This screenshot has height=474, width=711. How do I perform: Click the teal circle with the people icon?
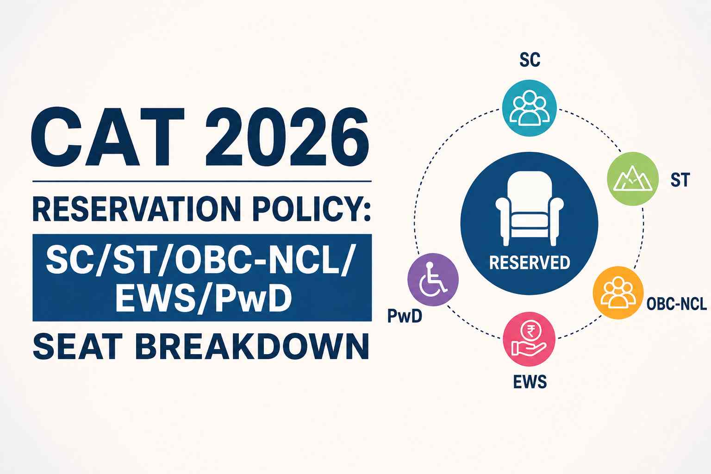coord(529,108)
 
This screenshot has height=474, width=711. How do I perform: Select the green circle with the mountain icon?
coord(633,179)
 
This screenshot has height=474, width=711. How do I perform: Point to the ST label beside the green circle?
coord(680,180)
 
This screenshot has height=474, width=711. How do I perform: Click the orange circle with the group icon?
coord(618,293)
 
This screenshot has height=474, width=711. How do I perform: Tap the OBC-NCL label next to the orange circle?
coord(676,304)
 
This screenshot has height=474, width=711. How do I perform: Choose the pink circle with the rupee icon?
coord(529,339)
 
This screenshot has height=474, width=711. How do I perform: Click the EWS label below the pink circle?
coord(530,381)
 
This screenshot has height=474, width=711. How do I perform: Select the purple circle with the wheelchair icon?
coord(433,280)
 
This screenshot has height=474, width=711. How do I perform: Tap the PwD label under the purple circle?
coord(405,316)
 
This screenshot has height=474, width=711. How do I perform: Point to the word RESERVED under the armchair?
coord(530,262)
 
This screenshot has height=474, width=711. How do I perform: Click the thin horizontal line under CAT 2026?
coord(202,181)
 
